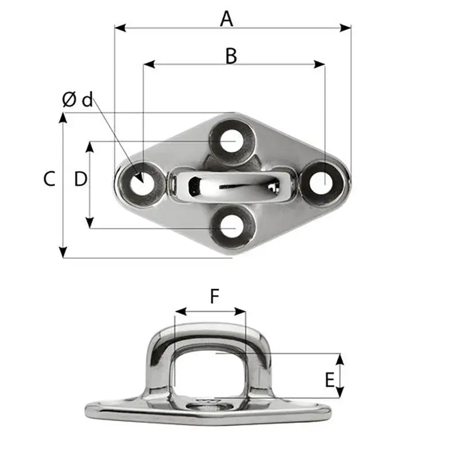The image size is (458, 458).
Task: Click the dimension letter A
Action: point(227,19)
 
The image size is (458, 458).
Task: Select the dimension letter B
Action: point(231,56)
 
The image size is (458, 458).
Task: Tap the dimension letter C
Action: point(49,179)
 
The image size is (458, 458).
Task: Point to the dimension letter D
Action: point(80,179)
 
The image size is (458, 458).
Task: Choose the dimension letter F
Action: point(214,296)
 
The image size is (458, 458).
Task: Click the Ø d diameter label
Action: point(77,100)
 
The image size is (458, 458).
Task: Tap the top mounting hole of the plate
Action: point(231,141)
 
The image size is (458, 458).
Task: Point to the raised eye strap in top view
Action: point(231,184)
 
